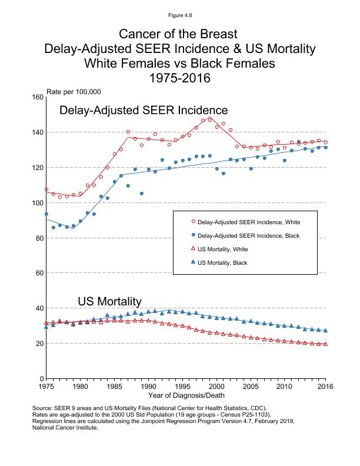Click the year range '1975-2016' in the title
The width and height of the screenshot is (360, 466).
point(180,78)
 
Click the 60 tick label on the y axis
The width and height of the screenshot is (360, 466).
point(39,273)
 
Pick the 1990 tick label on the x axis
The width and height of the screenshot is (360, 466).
point(149,387)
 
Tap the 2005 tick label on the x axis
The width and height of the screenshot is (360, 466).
point(251,387)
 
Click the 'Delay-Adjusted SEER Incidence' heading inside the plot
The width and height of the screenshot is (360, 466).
point(144,111)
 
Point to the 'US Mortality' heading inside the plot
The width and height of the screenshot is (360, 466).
point(109,301)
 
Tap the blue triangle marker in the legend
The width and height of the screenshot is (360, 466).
point(194,262)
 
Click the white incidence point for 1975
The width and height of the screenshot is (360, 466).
point(46,189)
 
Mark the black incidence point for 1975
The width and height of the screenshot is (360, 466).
point(46,214)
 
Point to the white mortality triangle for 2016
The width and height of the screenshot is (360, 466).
point(325,344)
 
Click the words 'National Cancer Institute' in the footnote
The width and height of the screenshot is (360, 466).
point(65,428)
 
